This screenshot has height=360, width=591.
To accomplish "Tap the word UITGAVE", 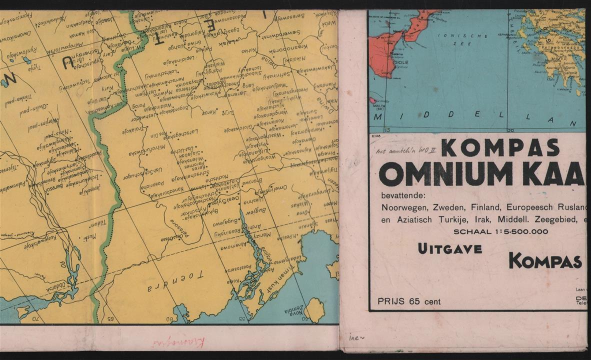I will (x=450, y=248).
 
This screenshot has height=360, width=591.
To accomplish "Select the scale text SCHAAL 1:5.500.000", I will (x=500, y=231).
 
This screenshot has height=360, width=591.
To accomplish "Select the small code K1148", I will (x=376, y=135).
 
